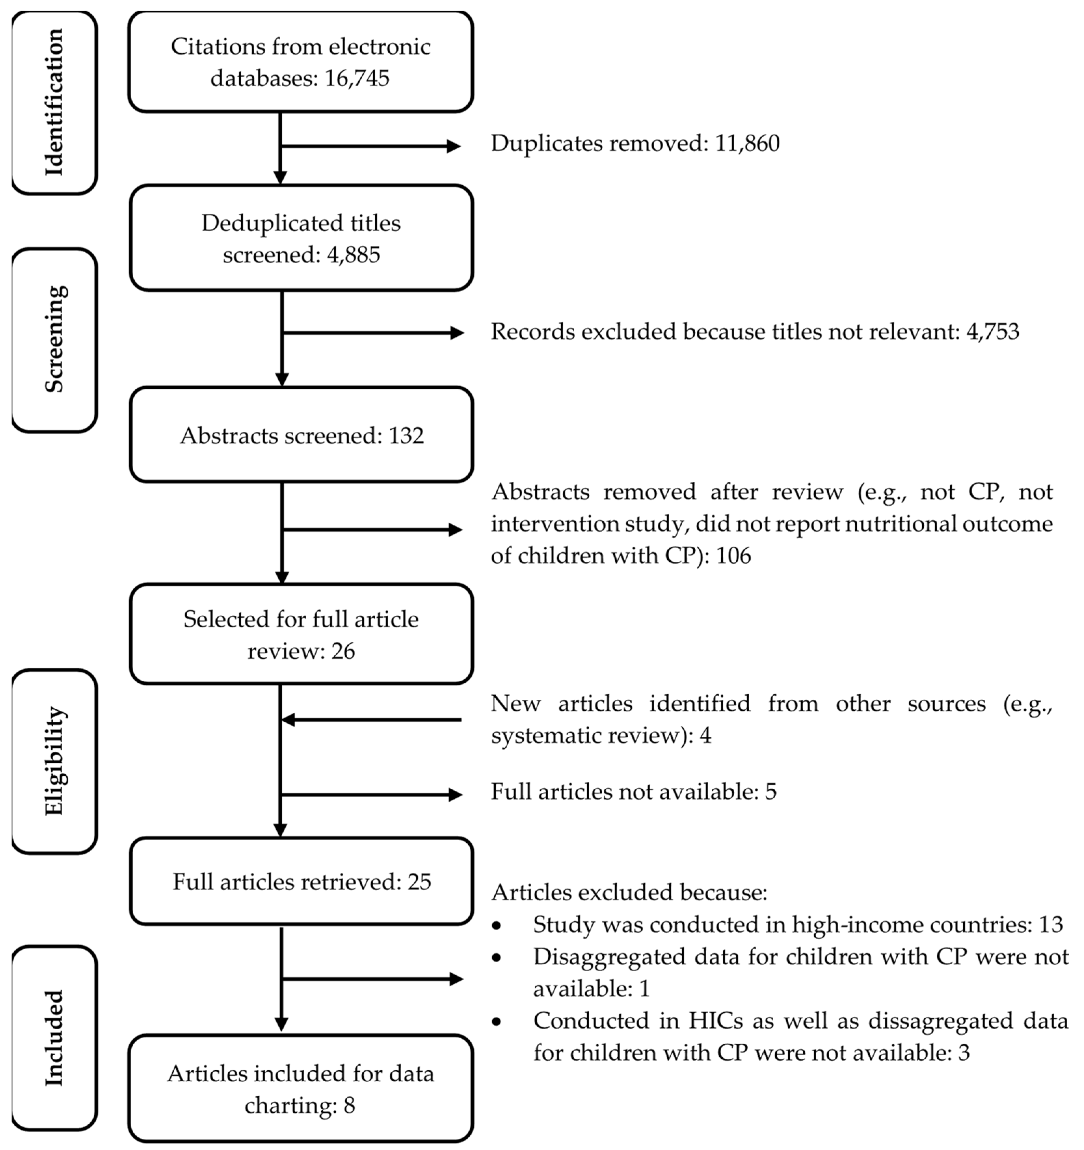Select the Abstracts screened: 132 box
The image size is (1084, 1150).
coord(302,435)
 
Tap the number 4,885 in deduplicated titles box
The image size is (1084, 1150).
coord(353,255)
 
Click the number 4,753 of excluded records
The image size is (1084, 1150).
coord(993,332)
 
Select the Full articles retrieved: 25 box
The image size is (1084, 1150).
coord(302,882)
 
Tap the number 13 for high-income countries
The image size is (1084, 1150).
coord(1051,924)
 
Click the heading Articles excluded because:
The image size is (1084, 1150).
coord(629,893)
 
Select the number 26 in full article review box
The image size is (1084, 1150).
coord(343,651)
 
